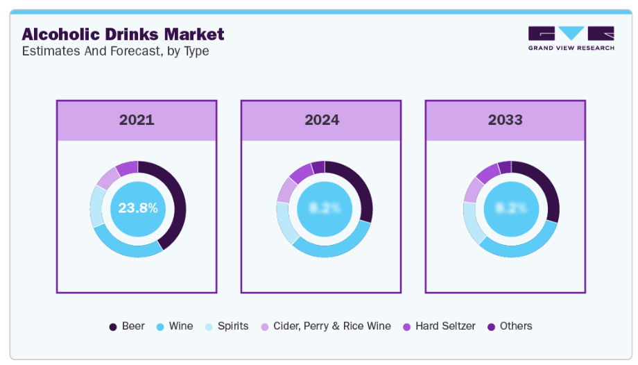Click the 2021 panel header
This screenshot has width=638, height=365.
point(137,120)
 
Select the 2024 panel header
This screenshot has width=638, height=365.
point(321,120)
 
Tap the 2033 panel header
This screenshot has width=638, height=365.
point(505,120)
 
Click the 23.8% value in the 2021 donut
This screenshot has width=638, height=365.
point(137,207)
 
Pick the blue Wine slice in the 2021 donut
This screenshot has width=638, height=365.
point(125,247)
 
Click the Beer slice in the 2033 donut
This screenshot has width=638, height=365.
point(544,187)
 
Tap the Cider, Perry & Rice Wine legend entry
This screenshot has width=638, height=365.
point(325,326)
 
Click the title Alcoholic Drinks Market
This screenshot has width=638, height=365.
point(123,34)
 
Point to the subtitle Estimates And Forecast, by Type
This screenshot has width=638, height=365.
point(115,51)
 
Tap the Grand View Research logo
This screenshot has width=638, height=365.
point(571,38)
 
